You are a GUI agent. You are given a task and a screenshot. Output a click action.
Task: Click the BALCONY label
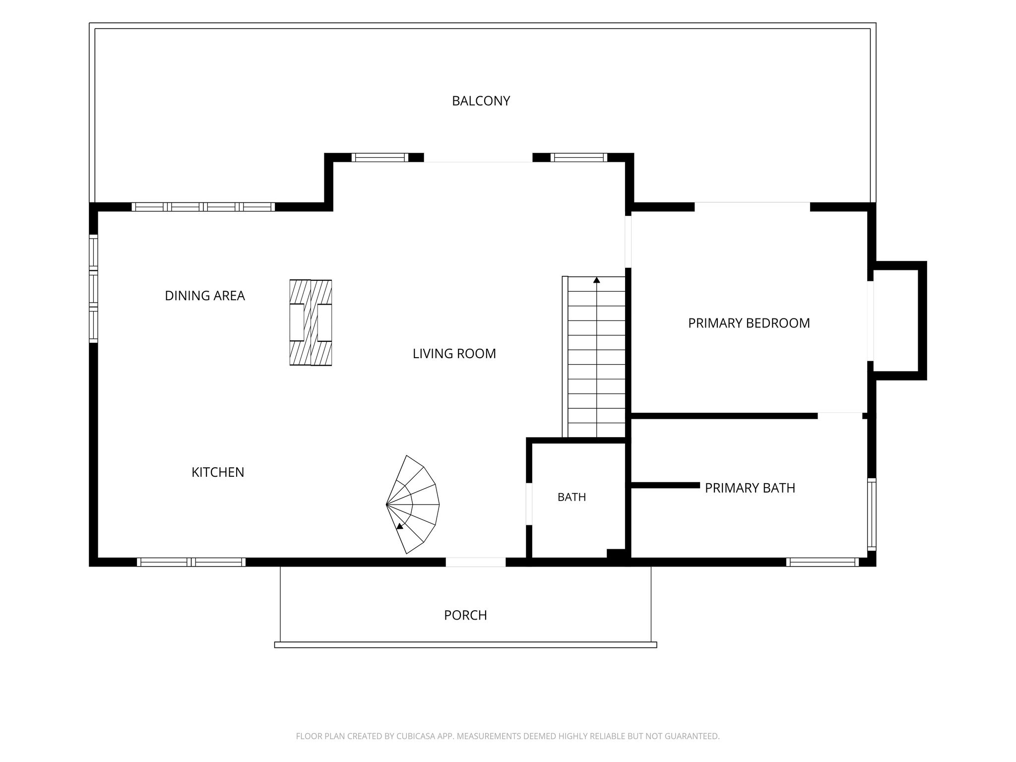[x=481, y=101]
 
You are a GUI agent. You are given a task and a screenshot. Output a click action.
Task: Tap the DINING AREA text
[x=205, y=296]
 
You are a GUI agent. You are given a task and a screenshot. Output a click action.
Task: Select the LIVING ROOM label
[x=454, y=354]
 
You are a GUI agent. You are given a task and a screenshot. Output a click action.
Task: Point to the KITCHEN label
[x=218, y=472]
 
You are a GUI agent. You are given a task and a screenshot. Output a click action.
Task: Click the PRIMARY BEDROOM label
[x=749, y=323]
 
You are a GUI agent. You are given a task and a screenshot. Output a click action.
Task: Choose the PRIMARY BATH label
[x=750, y=488]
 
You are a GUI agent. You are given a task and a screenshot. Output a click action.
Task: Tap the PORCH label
[x=465, y=615]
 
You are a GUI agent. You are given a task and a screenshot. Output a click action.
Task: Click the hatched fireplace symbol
[x=311, y=323]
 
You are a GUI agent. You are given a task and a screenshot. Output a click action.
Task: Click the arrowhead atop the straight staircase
[x=596, y=280]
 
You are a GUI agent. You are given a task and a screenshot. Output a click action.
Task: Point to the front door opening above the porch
[x=475, y=562]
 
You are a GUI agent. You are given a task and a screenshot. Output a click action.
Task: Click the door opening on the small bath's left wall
[x=529, y=504]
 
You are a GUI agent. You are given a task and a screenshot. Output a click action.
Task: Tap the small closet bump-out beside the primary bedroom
[x=898, y=320]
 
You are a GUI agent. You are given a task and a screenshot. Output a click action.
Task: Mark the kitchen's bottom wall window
[x=191, y=562]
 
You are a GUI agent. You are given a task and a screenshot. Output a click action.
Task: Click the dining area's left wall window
[x=93, y=289]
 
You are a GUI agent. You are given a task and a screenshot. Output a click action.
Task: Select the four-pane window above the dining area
[x=203, y=207]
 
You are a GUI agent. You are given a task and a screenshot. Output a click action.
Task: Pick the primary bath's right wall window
[x=872, y=514]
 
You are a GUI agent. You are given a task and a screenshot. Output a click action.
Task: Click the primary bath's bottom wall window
[x=823, y=562]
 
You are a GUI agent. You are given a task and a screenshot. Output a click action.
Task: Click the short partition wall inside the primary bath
[x=665, y=485]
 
